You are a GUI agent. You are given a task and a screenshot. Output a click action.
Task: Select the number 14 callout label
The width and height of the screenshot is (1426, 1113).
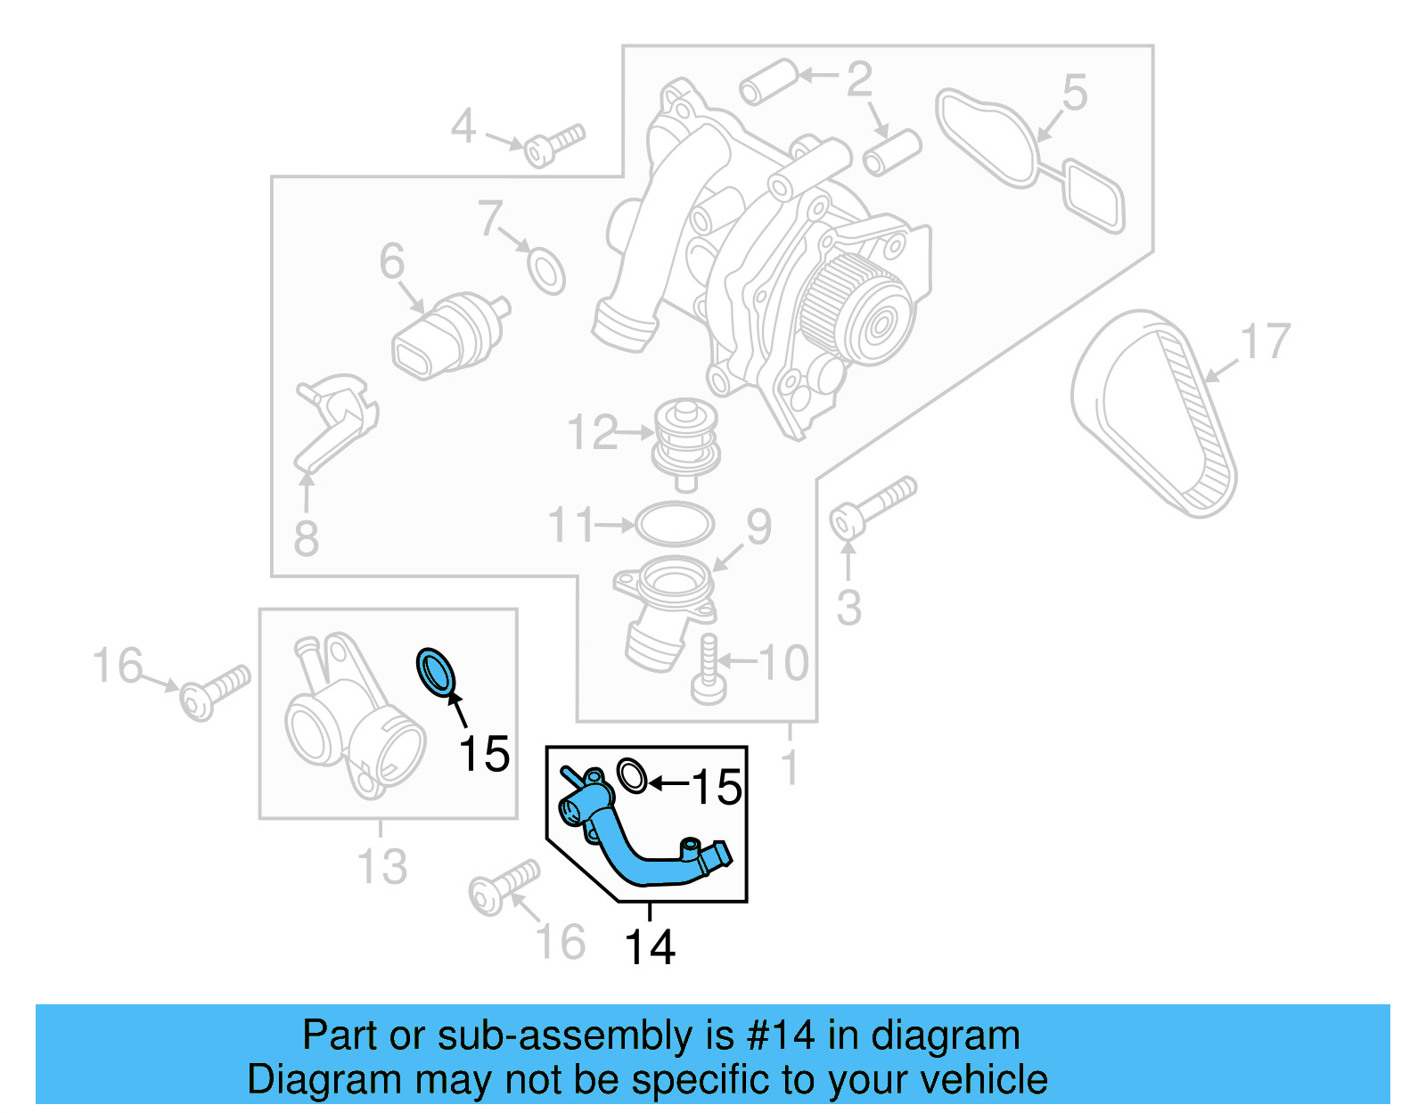pos(650,947)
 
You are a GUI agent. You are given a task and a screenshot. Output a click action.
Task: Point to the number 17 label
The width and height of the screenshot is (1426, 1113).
pos(1266,341)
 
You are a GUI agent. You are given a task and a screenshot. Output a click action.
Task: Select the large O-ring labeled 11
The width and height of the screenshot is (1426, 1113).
pos(675,524)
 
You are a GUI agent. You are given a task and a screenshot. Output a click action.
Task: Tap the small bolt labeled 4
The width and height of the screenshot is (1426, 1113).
pos(553,145)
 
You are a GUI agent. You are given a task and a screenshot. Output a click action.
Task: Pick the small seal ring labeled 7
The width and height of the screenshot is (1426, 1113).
pos(546,270)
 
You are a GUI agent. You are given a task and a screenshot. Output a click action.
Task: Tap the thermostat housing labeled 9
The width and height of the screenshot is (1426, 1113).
pos(667,606)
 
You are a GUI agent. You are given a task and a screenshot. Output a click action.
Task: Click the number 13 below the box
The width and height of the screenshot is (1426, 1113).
pos(381,866)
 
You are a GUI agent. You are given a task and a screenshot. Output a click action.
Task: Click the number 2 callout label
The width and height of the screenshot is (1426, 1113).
pos(858,79)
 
